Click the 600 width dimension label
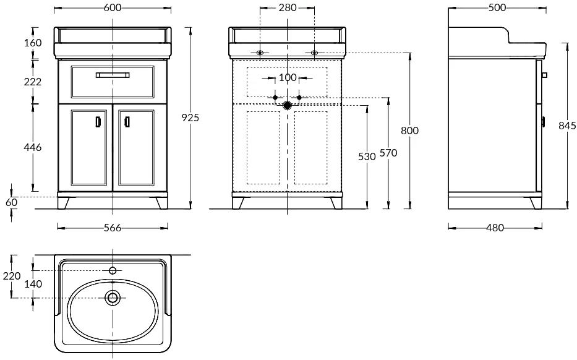[x=112, y=7]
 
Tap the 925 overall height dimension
[x=190, y=118]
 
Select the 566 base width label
[x=112, y=228]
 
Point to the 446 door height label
[x=33, y=147]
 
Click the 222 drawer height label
[x=33, y=82]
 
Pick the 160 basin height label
[x=33, y=43]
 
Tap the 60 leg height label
[x=12, y=202]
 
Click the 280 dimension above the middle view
[x=288, y=7]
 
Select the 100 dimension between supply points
[x=288, y=78]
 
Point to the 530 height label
[x=367, y=156]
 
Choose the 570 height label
[x=388, y=152]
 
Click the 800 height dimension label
[x=409, y=131]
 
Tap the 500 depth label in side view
[x=497, y=7]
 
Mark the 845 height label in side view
[x=568, y=126]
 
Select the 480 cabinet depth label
[x=495, y=228]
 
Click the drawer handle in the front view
[x=113, y=75]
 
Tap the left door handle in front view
[x=98, y=122]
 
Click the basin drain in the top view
[x=113, y=298]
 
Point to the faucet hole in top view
[x=113, y=271]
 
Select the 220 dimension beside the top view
[x=12, y=276]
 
